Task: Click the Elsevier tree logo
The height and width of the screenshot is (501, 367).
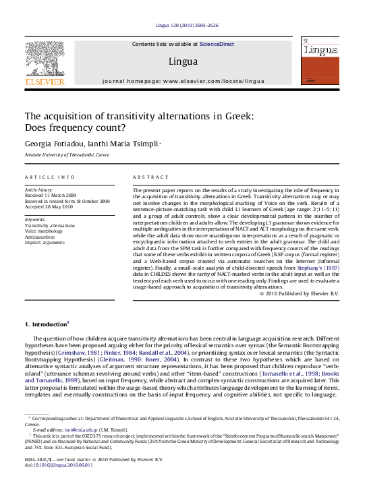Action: click(x=45, y=59)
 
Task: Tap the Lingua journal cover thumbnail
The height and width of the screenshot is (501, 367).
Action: click(x=321, y=61)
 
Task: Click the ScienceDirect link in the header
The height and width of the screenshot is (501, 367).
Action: click(x=217, y=44)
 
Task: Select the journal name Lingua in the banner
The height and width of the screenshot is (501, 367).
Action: click(x=183, y=61)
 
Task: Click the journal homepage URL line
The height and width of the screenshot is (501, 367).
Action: click(x=183, y=81)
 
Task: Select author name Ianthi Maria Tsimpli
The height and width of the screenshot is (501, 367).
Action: click(x=121, y=144)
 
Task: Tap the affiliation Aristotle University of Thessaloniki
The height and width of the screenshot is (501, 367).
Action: click(x=67, y=155)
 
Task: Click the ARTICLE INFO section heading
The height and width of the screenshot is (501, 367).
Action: click(x=50, y=177)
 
